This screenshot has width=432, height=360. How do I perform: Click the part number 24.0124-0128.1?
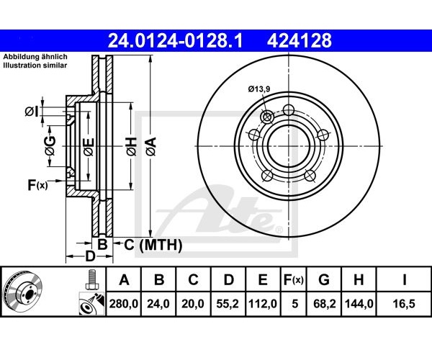175,41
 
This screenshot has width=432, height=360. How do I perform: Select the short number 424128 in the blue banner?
300,41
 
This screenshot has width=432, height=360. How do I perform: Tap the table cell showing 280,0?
124,304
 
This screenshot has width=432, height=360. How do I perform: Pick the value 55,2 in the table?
228,304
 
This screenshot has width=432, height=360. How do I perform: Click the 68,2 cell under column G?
324,304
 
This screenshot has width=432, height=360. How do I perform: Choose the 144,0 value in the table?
359,304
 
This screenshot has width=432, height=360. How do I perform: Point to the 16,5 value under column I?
404,304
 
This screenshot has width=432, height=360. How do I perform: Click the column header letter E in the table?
263,280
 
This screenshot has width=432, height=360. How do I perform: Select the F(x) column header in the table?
294,280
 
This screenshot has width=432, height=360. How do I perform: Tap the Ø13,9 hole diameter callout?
259,89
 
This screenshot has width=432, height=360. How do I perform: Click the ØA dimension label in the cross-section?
151,147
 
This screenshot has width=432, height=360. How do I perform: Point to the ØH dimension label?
132,146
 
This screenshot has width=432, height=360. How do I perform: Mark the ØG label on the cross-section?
50,145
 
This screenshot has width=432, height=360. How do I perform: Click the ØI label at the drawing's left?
32,112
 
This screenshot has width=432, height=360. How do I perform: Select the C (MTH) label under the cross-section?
153,245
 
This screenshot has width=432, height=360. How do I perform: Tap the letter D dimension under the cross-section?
90,257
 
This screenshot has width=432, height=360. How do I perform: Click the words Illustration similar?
35,66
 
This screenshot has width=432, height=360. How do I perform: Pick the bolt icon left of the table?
91,279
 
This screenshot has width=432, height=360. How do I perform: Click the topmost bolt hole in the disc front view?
289,109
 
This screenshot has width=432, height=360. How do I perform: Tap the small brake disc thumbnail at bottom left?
22,292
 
